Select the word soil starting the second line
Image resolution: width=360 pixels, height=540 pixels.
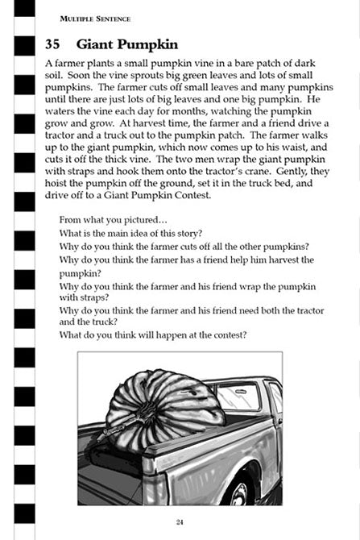point(54,78)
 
